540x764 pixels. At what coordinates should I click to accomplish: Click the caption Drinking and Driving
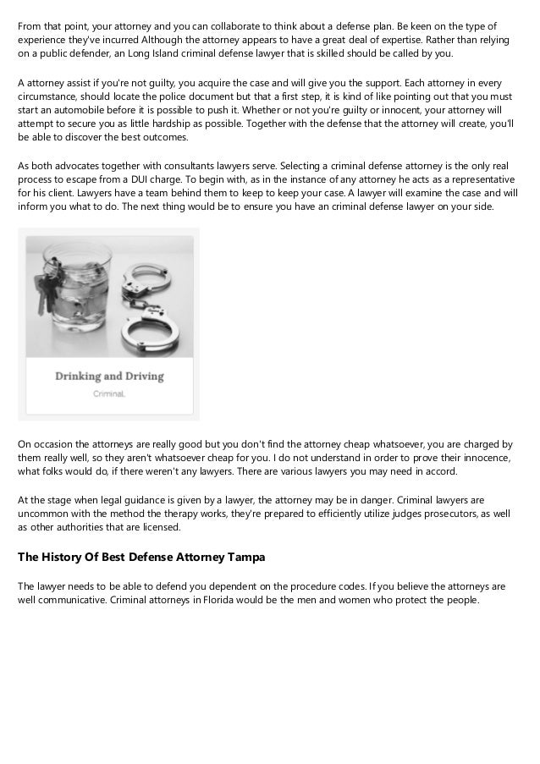click(x=109, y=376)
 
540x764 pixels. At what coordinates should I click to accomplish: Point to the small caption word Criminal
click(x=109, y=394)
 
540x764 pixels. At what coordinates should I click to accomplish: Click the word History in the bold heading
click(x=69, y=557)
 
